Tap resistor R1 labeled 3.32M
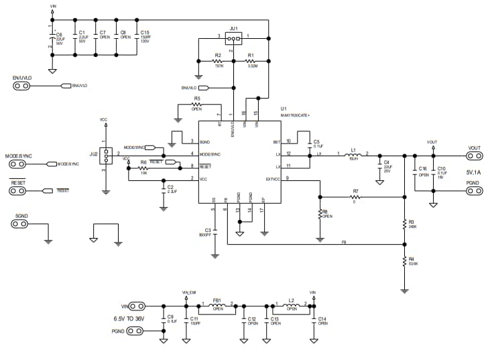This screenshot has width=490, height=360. [x=251, y=60]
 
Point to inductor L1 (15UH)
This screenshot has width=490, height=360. [x=353, y=156]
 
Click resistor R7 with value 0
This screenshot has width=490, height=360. [x=355, y=197]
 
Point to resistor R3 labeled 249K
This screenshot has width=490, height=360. [x=404, y=223]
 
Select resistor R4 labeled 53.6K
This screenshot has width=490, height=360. [x=404, y=261]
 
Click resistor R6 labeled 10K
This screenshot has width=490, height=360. [x=143, y=168]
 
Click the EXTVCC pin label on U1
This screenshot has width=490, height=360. [x=273, y=178]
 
